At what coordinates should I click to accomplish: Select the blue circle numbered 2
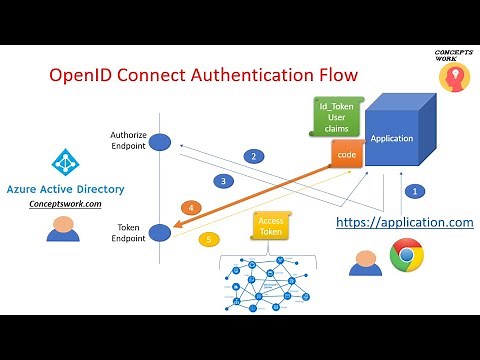click(x=255, y=156)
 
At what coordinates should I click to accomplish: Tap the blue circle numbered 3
click(x=224, y=181)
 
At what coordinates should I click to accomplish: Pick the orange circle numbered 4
click(x=192, y=208)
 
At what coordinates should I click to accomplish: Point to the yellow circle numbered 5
click(x=208, y=240)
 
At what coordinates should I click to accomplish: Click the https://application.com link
click(x=404, y=222)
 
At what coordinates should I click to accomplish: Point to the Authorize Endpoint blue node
click(x=160, y=142)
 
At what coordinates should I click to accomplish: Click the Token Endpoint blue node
click(x=160, y=232)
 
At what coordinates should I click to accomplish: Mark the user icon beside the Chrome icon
click(x=363, y=261)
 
